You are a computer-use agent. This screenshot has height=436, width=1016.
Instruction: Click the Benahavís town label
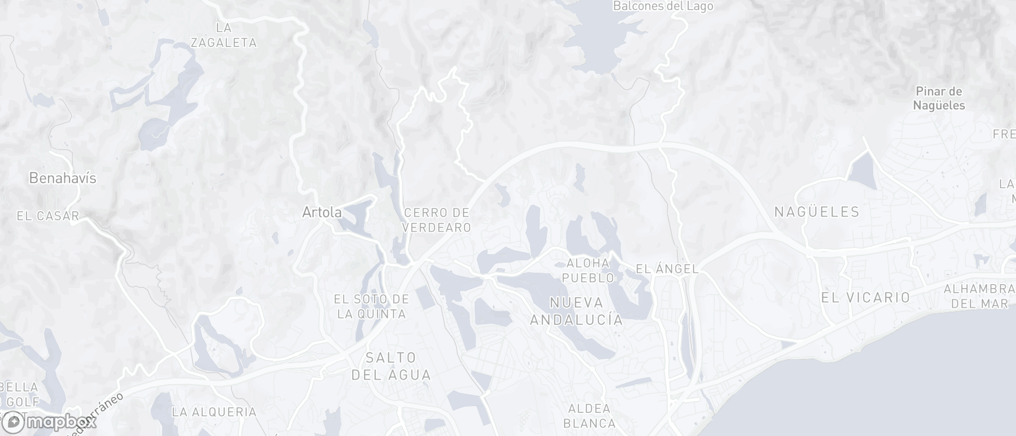point(63,178)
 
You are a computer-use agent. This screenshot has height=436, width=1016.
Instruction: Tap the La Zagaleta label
point(224,35)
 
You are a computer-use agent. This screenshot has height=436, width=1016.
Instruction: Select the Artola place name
point(322,212)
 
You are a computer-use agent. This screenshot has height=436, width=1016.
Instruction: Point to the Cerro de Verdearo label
point(437,220)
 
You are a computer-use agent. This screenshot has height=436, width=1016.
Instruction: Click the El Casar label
point(47,216)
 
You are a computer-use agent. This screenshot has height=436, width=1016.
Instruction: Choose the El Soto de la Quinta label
point(371,307)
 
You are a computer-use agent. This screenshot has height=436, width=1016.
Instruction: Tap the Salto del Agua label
point(391,366)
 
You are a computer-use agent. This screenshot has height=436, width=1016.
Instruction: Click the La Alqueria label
point(214,412)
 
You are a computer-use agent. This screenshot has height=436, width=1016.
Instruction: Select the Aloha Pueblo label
point(588,271)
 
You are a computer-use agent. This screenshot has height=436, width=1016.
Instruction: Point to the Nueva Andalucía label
point(576,311)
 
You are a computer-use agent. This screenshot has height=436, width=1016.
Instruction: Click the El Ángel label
point(667,269)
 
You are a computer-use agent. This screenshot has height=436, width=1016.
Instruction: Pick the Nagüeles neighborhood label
point(817,212)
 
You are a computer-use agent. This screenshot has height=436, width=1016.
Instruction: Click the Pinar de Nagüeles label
point(939,98)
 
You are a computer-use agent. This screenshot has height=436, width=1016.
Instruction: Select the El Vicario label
point(865,298)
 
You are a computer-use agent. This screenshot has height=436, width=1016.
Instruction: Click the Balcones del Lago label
point(663,6)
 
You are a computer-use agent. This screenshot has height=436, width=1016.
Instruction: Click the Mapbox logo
point(49,421)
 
